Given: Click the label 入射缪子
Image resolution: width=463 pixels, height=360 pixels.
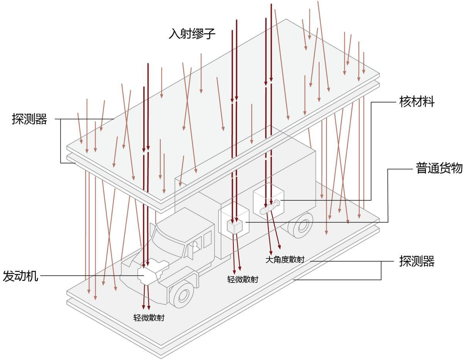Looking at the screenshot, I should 192,34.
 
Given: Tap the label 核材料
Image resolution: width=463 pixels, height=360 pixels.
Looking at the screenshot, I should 416,102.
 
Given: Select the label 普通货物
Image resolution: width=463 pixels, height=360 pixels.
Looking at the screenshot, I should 439,168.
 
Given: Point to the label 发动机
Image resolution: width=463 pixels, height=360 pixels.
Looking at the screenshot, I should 20,276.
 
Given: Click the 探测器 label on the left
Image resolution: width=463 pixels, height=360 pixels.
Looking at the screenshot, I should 29,119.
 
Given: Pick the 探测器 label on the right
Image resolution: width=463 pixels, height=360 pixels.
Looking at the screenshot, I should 417,261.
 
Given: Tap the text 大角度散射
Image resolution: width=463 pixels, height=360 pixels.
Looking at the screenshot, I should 285,260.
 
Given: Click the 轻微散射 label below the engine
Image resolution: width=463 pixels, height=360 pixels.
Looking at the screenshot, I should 149,318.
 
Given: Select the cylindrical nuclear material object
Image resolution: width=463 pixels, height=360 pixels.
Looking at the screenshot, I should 270,207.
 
